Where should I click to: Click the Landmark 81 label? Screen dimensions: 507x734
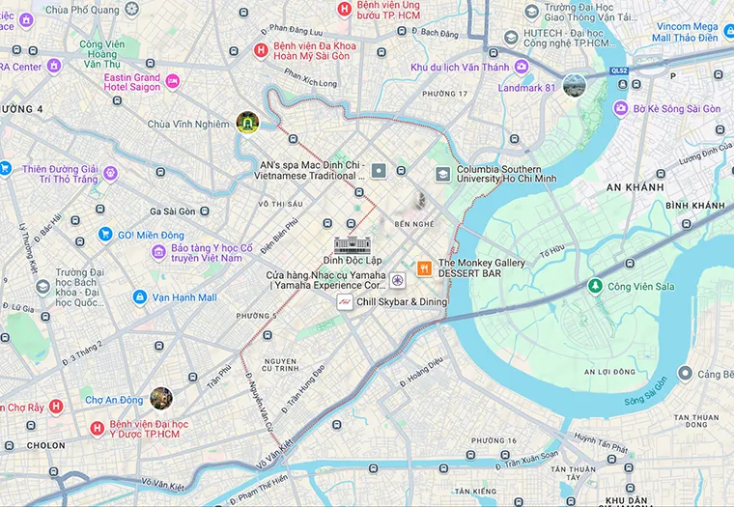coord(525,88)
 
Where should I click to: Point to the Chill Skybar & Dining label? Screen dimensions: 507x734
coord(402,302)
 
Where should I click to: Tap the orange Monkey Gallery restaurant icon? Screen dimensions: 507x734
coord(423,268)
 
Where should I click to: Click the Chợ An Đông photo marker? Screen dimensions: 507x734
coord(161,398)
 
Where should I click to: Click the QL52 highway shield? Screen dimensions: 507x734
coord(617,70)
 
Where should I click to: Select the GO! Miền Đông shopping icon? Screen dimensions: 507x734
coord(105,234)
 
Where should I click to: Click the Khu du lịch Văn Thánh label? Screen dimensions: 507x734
coord(460,67)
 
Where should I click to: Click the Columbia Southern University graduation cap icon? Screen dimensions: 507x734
coord(442,175)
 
